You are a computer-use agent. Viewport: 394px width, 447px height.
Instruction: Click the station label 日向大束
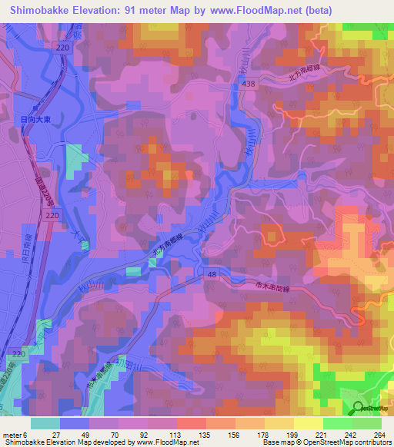click(32, 119)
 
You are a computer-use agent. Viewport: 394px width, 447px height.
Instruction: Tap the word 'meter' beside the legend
click(12, 434)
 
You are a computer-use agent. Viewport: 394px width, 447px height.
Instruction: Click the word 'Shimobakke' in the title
click(36, 9)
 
